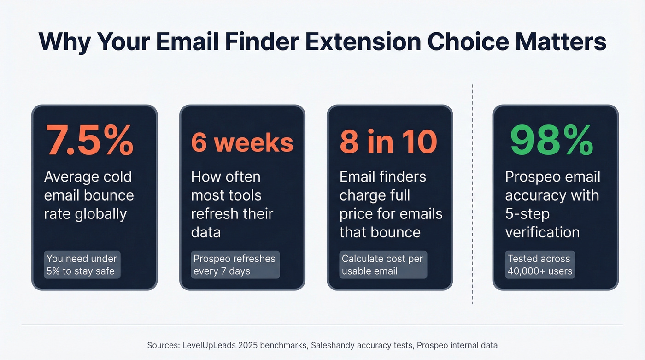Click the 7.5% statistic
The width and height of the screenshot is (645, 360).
(88, 140)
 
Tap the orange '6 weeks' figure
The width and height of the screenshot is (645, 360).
(242, 142)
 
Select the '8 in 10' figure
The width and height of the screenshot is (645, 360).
(388, 142)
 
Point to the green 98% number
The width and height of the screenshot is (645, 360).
(552, 140)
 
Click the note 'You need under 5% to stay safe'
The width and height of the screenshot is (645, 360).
(82, 265)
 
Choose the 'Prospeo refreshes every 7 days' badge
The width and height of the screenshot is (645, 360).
(235, 265)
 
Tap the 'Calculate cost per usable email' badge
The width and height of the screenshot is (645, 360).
(382, 265)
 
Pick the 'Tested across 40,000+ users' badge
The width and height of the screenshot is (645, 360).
(539, 265)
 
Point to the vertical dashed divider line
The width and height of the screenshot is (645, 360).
(473, 194)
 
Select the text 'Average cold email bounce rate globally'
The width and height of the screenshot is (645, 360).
(88, 195)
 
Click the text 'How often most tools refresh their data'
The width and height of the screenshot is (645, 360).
(232, 204)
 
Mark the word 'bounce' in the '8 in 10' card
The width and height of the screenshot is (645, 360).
(397, 232)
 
